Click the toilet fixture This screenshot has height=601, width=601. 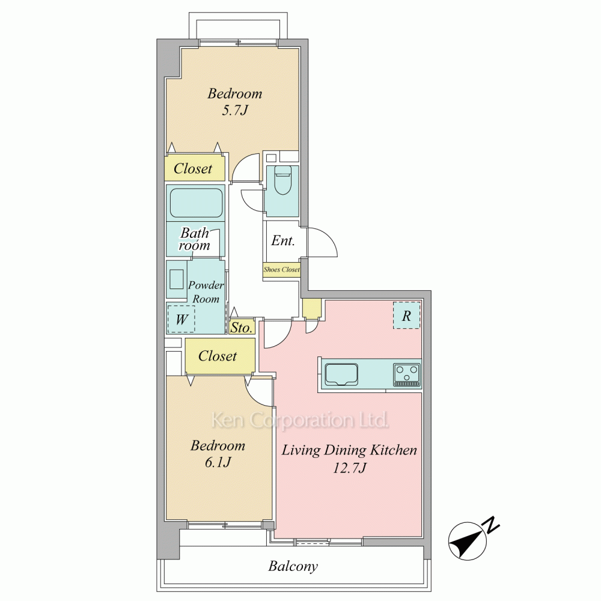coord(283,180)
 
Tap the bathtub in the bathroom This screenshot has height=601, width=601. coord(197,203)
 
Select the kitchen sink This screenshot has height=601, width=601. coord(341,374)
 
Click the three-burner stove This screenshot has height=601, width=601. coord(407,374)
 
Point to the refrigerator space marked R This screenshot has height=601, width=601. coord(407,316)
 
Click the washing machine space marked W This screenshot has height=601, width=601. coord(182,319)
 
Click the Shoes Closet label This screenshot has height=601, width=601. coord(282,269)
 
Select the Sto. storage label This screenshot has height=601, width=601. coord(242,328)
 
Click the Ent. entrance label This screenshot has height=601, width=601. coord(283,240)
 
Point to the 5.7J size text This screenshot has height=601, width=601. coord(235,111)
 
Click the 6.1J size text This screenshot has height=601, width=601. coord(218,462)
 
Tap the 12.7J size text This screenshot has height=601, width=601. coord(350,468)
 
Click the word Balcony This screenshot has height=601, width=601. coord(293,566)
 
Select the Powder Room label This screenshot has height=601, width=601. coord(206,291)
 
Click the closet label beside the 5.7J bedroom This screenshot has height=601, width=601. coord(193,168)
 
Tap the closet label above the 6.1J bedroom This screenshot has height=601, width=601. coord(218,356)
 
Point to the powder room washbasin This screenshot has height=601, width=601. coord(176,279)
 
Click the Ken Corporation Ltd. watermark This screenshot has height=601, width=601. coord(300,421)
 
